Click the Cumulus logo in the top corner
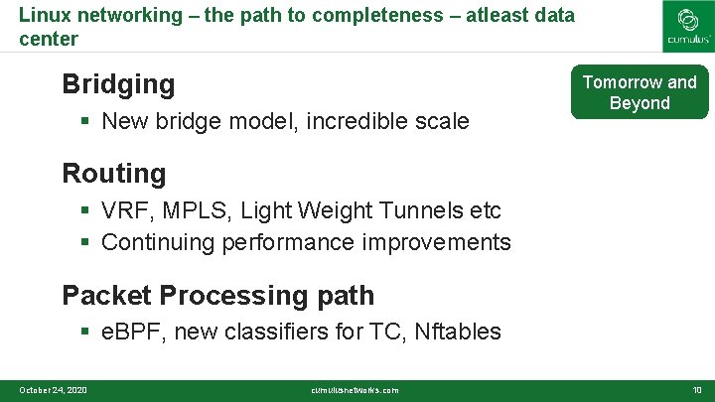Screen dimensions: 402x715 [687, 26]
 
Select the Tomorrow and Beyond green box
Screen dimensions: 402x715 [639, 92]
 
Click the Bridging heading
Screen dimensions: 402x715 [118, 84]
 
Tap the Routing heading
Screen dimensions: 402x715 [114, 173]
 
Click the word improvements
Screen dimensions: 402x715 [436, 242]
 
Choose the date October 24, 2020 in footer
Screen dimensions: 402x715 [53, 390]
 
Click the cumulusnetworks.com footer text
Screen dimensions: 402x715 [355, 390]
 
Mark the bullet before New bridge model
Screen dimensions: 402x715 [86, 122]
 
